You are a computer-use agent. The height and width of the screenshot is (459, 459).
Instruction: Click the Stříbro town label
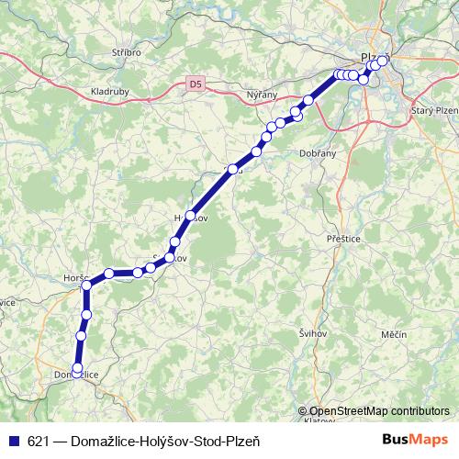(126, 53)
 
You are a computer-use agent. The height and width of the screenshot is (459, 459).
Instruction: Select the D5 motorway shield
(194, 84)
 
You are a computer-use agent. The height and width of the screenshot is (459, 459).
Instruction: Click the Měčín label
(392, 335)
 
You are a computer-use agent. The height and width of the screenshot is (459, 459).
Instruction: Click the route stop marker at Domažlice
(76, 368)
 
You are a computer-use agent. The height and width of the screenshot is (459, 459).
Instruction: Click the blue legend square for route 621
(13, 441)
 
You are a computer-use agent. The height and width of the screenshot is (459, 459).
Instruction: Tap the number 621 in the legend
(39, 441)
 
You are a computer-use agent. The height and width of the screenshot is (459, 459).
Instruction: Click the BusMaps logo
(416, 441)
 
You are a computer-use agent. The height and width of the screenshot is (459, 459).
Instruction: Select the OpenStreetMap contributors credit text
(378, 411)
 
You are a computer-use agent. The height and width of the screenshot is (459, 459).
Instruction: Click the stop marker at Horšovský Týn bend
(88, 285)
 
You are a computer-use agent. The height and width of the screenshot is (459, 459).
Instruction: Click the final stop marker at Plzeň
(383, 61)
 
